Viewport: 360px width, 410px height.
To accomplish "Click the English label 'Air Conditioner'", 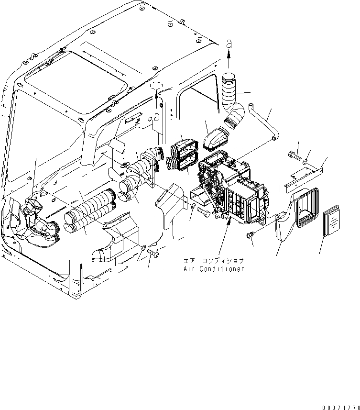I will click(x=214, y=269).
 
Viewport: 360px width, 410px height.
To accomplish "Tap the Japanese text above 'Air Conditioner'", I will click(x=214, y=261).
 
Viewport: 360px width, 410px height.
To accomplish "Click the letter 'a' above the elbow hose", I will click(x=229, y=43).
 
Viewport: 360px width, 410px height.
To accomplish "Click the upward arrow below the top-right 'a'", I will click(x=229, y=60).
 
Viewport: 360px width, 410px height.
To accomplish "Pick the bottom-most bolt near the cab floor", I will click(x=153, y=252).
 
